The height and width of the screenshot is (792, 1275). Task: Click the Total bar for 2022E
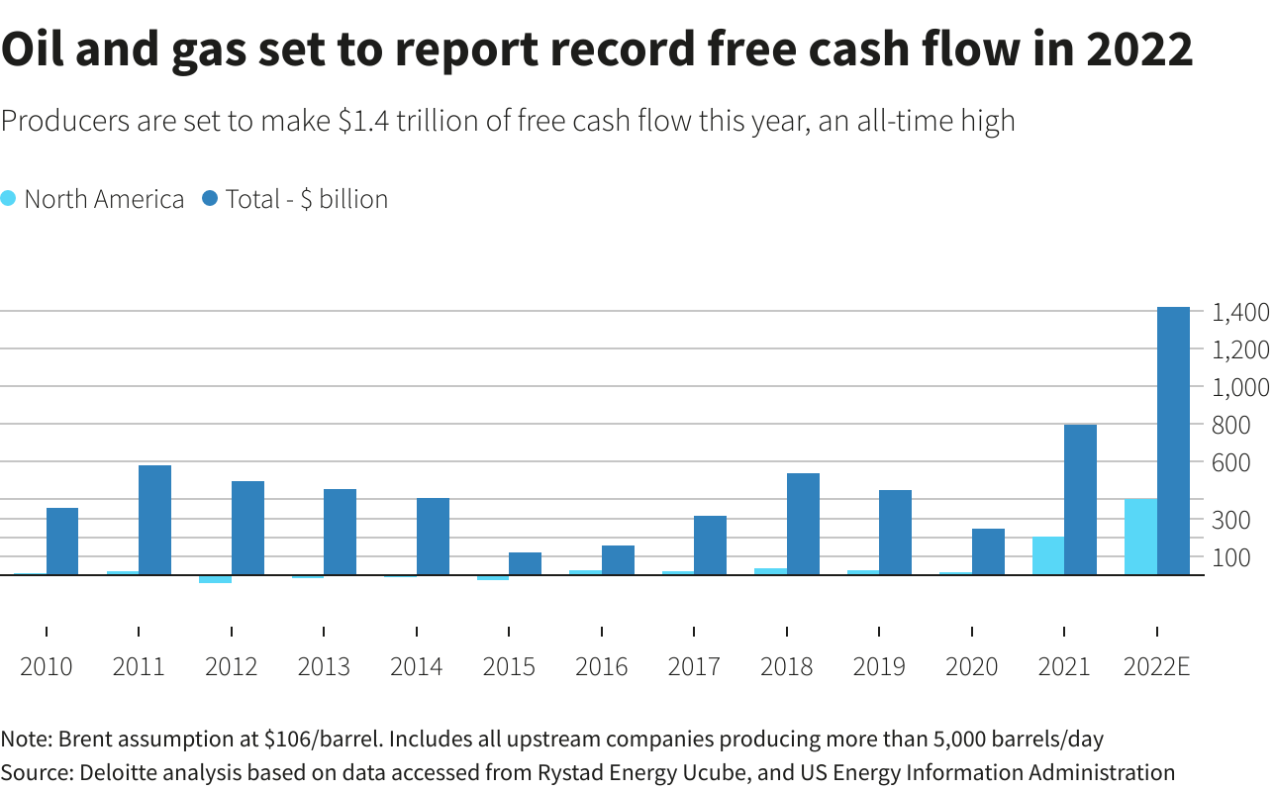(1173, 441)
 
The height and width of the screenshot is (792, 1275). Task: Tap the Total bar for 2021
(1080, 499)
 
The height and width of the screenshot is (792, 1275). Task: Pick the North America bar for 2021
(1047, 555)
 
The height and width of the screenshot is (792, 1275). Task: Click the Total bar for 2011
(154, 520)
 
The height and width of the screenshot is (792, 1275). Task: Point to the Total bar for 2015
(525, 563)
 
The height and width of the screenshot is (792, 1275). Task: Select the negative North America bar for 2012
(215, 579)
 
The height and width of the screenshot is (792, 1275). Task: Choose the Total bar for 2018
(803, 524)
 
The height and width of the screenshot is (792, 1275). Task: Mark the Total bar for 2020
(988, 551)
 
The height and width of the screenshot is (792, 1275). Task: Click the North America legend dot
(9, 198)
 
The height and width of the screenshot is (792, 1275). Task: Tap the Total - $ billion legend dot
(209, 198)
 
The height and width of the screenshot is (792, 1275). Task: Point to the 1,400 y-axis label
(1240, 313)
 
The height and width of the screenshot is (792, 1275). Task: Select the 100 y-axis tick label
(1232, 557)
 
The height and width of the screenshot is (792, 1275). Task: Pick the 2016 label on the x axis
(602, 666)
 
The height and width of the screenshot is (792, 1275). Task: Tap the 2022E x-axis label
(1156, 666)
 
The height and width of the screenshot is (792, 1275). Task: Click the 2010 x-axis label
(47, 666)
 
